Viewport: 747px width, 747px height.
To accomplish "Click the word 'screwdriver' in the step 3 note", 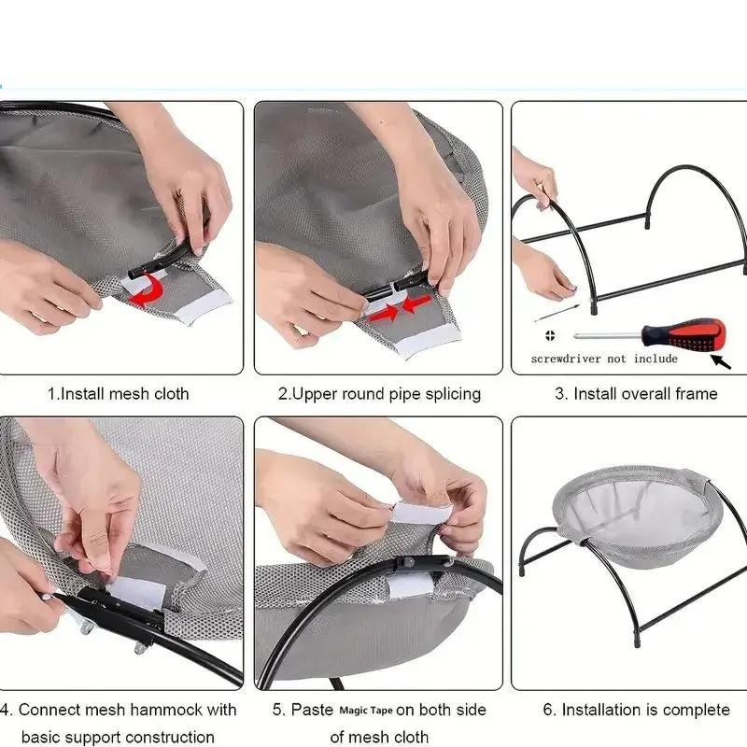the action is point(566,359).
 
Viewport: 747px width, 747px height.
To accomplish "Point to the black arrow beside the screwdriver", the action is point(721,362).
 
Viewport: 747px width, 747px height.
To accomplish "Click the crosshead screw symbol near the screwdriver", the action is point(550,335).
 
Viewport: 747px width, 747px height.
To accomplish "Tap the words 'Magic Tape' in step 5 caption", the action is point(366,711).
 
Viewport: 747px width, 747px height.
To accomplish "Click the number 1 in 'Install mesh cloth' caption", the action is point(51,394).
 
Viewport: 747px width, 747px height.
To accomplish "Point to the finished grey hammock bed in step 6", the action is point(638,515).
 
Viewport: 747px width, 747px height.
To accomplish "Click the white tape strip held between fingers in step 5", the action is point(422,513).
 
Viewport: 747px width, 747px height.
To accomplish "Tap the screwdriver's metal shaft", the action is point(608,335).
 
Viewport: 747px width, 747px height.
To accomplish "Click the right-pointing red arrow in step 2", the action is point(385,312).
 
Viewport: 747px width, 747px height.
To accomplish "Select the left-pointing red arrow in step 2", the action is point(417,303).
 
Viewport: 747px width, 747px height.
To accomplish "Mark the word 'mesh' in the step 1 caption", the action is point(127,394).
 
